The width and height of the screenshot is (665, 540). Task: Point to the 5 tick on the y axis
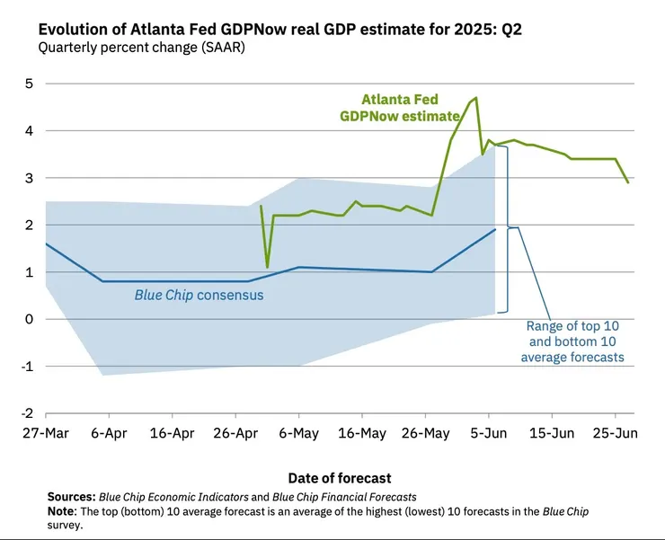tap(29, 84)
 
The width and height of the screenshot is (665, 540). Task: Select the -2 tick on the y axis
tap(27, 413)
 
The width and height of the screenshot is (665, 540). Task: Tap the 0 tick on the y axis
tap(29, 319)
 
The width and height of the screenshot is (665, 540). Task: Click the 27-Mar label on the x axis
tap(45, 433)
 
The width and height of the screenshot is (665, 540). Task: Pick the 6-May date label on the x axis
tap(298, 433)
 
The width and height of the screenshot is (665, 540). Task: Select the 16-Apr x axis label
tap(172, 433)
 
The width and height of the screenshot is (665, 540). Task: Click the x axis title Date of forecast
tap(340, 478)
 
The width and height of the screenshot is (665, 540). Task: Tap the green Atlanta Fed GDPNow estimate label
tap(401, 108)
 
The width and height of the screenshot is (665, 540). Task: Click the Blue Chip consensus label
tap(199, 295)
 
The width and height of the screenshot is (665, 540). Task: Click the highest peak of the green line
tap(476, 97)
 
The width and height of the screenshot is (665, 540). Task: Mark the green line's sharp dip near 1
tap(267, 267)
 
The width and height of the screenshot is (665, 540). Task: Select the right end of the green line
tap(628, 182)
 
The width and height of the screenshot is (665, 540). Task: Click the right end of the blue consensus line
tap(495, 229)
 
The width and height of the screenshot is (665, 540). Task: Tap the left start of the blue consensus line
tap(45, 243)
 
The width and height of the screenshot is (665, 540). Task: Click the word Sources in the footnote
tap(70, 497)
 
